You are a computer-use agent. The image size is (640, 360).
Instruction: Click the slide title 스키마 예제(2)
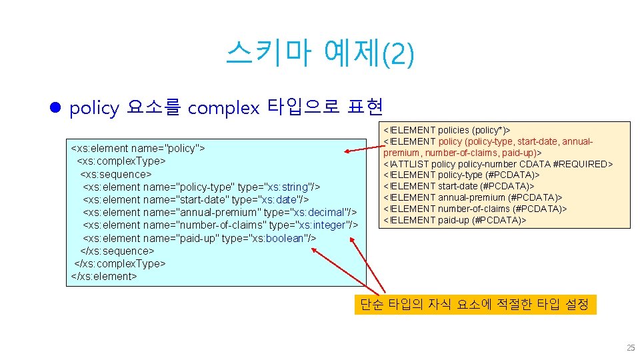coord(319,53)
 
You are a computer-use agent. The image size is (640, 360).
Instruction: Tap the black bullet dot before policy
coord(56,107)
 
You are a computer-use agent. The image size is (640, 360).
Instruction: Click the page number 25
coord(630,348)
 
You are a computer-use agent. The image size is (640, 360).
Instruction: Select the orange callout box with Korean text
coord(474,305)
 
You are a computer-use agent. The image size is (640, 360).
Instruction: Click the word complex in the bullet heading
coord(223,108)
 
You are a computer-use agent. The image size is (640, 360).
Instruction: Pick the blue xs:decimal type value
coord(322,212)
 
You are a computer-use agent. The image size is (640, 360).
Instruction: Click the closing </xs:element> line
coord(103,276)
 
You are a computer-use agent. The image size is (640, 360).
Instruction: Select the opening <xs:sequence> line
coord(116,174)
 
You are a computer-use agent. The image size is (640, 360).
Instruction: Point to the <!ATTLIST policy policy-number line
coord(467,164)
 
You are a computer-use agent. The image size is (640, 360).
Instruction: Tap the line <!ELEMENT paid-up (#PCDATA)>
coord(455,220)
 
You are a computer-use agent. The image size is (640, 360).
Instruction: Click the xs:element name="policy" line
coord(137,148)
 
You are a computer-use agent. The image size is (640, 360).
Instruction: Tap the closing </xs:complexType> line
coord(119,263)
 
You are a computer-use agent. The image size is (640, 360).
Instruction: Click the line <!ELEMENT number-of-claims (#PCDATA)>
coord(475,209)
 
